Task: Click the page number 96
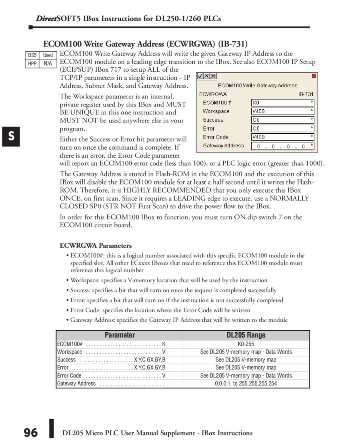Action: click(30, 433)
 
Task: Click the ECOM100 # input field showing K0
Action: click(282, 102)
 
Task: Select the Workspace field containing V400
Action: click(282, 111)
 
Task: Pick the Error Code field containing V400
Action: click(282, 137)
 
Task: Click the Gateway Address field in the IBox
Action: click(282, 146)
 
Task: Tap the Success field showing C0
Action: click(282, 120)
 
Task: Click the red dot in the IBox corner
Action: click(314, 76)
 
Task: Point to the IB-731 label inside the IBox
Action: click(306, 94)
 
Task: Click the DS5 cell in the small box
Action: click(32, 55)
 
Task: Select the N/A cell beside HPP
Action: click(48, 64)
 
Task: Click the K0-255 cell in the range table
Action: click(246, 344)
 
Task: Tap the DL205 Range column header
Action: click(246, 335)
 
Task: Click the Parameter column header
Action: click(120, 335)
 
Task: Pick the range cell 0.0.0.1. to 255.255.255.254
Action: click(246, 384)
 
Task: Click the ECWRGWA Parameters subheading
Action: click(96, 245)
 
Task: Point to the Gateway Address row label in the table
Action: click(76, 384)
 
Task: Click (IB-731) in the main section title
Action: click(233, 44)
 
